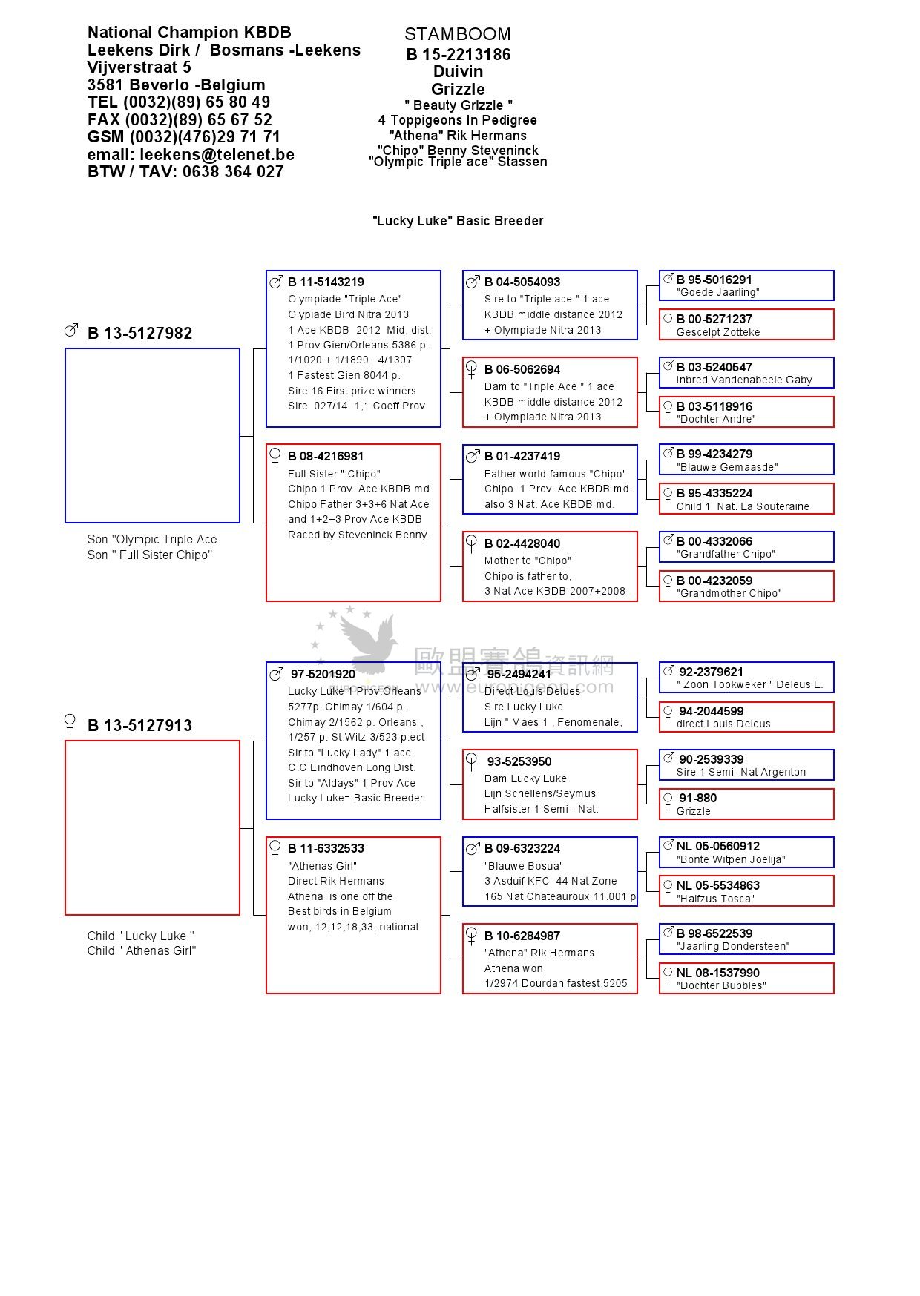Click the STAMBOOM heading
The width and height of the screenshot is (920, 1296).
(x=457, y=34)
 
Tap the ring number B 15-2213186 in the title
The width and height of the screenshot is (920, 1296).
(x=458, y=54)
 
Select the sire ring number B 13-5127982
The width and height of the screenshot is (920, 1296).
(x=139, y=334)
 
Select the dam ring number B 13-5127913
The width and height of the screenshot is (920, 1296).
(x=139, y=726)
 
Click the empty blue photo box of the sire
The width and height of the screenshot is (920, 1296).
(x=152, y=435)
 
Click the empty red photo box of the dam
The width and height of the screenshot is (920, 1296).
(x=152, y=827)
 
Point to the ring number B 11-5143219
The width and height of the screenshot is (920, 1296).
(x=326, y=282)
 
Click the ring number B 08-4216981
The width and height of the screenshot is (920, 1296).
(x=326, y=456)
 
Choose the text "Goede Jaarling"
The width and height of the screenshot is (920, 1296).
(x=717, y=293)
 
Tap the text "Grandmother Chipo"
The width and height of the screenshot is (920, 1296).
(x=729, y=593)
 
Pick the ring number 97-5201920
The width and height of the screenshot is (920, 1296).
(x=323, y=674)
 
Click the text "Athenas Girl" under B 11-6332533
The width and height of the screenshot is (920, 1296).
(x=322, y=866)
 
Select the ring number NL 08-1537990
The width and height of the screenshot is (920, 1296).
(x=717, y=973)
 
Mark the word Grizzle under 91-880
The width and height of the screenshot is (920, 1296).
(x=693, y=811)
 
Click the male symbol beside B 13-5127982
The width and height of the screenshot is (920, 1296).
(x=71, y=330)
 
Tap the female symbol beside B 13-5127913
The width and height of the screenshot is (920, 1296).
(x=70, y=721)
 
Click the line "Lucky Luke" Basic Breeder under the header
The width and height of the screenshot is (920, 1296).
(x=458, y=221)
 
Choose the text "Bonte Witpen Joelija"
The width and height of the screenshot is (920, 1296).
(x=730, y=859)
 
